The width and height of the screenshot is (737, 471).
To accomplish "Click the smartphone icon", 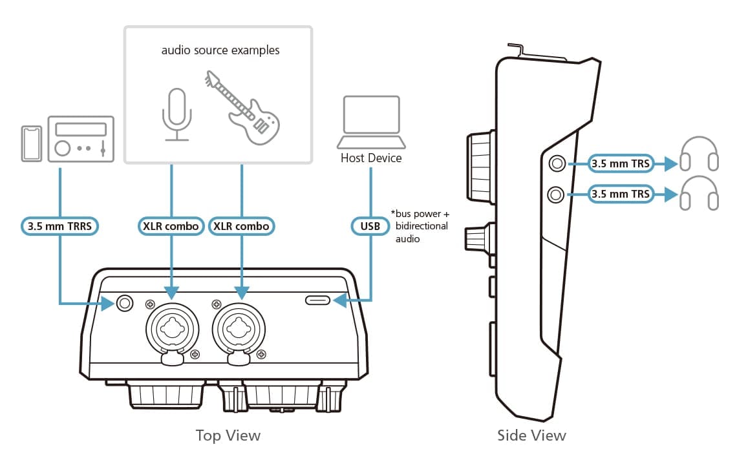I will pos(31,143).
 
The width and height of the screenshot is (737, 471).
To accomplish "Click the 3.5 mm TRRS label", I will pos(59,227).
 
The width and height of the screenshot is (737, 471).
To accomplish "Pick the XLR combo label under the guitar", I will pos(242,227).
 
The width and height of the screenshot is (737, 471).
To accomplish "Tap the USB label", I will pos(370,227).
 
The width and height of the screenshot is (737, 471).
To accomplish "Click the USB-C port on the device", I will pos(317,300).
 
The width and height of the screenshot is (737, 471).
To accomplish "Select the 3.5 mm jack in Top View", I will pos(123,302).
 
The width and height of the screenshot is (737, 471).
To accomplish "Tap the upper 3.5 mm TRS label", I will pos(620,164).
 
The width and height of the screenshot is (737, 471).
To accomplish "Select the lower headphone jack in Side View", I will pos(555,193).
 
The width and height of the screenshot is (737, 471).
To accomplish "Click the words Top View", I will pos(228,435).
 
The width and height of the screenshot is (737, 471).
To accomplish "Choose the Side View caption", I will pos(531,435).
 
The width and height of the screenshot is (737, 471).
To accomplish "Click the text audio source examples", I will pos(220,50).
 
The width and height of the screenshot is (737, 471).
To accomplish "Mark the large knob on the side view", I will pos(480,166).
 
